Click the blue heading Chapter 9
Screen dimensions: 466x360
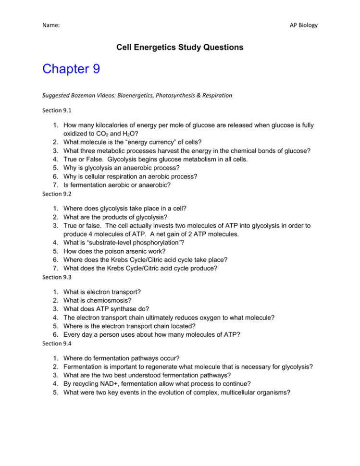pos(71,70)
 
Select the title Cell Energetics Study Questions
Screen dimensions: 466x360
pos(180,48)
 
